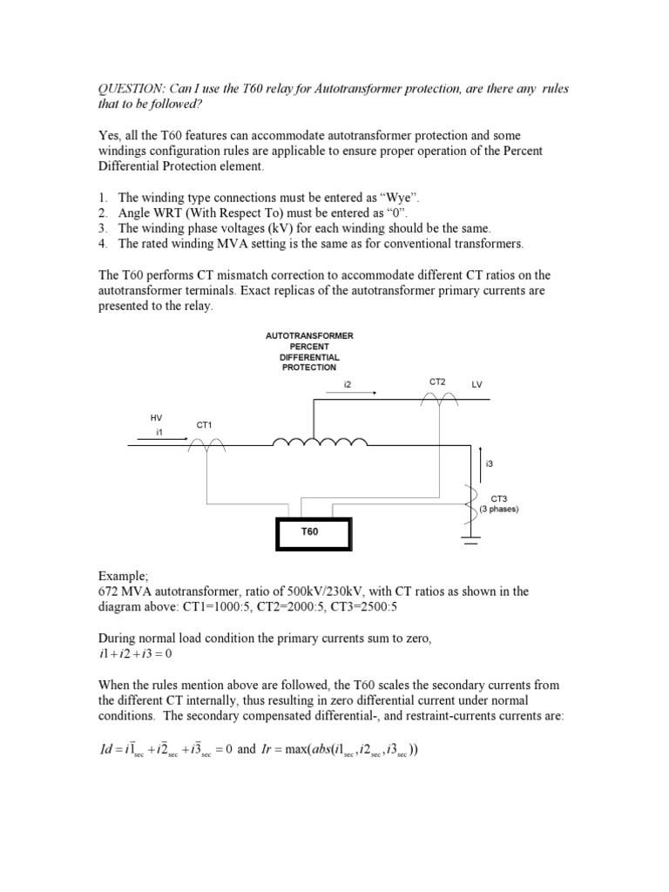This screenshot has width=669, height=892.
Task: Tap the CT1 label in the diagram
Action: (x=204, y=424)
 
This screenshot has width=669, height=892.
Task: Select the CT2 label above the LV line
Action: (x=437, y=382)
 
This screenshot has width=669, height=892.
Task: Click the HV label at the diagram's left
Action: (x=157, y=417)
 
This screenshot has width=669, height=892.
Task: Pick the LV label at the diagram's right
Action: (x=476, y=384)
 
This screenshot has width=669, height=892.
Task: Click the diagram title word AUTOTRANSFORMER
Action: (x=308, y=335)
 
